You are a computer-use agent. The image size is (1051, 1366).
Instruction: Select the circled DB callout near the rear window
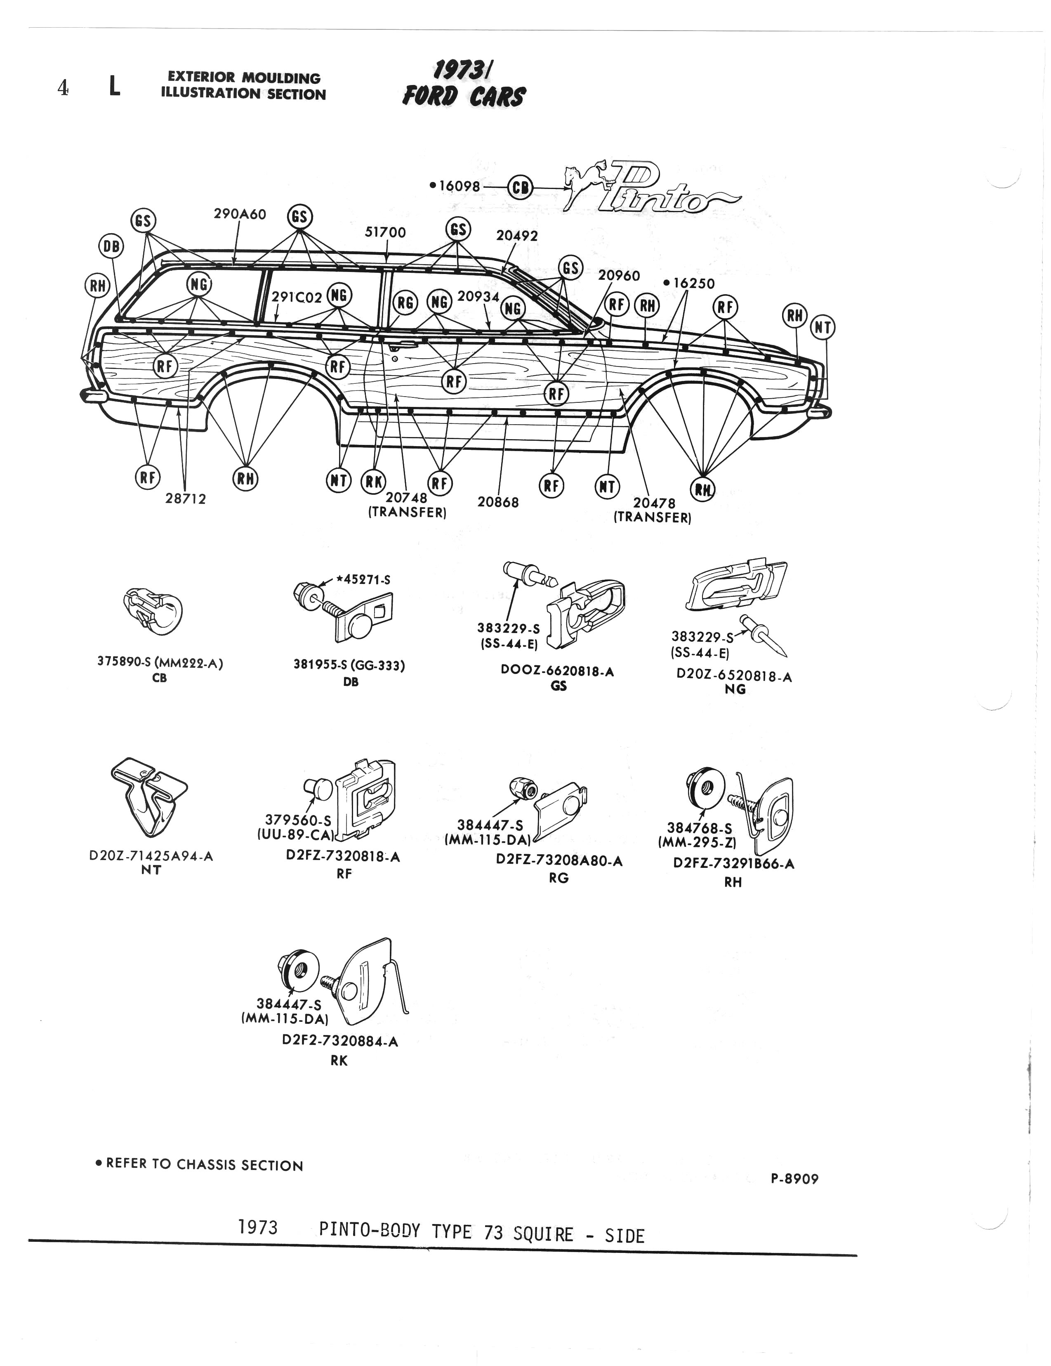tap(111, 246)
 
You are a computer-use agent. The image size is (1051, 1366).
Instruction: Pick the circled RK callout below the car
tap(374, 480)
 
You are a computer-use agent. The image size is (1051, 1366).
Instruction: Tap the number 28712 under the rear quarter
tap(186, 499)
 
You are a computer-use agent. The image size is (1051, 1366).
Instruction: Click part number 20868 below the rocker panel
tap(498, 502)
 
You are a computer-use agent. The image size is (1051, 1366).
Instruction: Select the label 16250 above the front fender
tap(693, 284)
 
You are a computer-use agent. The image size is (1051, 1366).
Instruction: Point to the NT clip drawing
tap(149, 797)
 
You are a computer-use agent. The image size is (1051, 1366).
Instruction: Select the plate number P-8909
tap(794, 1179)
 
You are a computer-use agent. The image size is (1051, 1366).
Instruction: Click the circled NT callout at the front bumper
tap(823, 327)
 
